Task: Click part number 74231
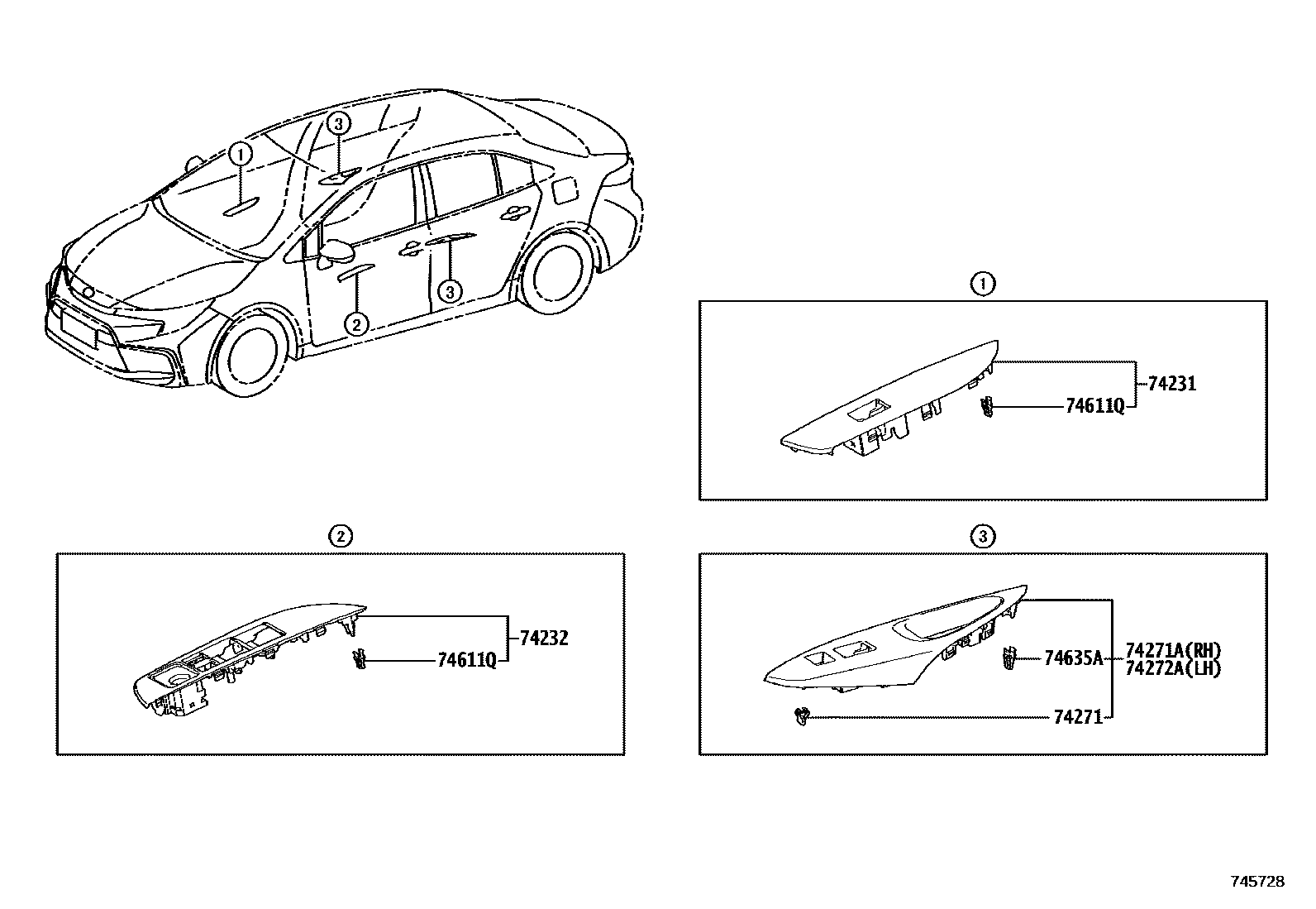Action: pyautogui.click(x=1172, y=384)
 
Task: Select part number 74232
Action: pyautogui.click(x=544, y=638)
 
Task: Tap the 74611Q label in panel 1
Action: pyautogui.click(x=1095, y=406)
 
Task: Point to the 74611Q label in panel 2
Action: pyautogui.click(x=467, y=659)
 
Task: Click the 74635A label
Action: pyautogui.click(x=1074, y=658)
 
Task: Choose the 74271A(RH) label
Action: pyautogui.click(x=1173, y=651)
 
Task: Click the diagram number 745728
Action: pyautogui.click(x=1258, y=882)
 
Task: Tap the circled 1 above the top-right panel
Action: pyautogui.click(x=982, y=285)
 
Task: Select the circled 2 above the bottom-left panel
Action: pyautogui.click(x=340, y=537)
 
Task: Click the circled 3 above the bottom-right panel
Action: pyautogui.click(x=982, y=537)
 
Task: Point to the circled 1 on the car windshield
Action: pyautogui.click(x=240, y=153)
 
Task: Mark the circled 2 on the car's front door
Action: pyautogui.click(x=356, y=323)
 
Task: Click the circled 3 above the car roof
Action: pyautogui.click(x=338, y=124)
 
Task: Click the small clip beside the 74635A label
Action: pyautogui.click(x=1009, y=658)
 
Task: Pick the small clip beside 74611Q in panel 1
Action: pyautogui.click(x=985, y=406)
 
